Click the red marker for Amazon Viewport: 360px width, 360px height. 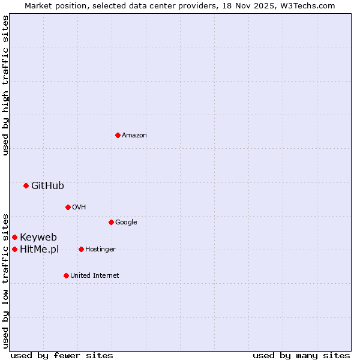pos(118,135)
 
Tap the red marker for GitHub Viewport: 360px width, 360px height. pos(26,185)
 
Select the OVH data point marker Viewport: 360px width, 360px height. pos(68,207)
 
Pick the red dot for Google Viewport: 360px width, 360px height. pos(111,222)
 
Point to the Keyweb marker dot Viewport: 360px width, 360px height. pos(14,237)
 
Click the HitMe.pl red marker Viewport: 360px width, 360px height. pos(14,249)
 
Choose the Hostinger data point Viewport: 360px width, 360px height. pos(81,249)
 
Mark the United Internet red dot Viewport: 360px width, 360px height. pos(66,275)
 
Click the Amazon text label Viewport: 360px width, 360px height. pos(134,135)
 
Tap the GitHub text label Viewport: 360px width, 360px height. pos(47,185)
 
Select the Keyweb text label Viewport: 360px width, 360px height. pos(38,237)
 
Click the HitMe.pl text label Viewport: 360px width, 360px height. pos(40,249)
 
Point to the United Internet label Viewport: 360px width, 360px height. pos(94,275)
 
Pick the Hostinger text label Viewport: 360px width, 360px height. pos(100,249)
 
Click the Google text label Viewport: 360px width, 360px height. pos(126,222)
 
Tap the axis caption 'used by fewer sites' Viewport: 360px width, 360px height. pos(62,355)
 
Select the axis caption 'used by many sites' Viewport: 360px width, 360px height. pos(301,355)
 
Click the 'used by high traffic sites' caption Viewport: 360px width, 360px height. pos(5,85)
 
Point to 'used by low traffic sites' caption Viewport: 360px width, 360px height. pos(5,280)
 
